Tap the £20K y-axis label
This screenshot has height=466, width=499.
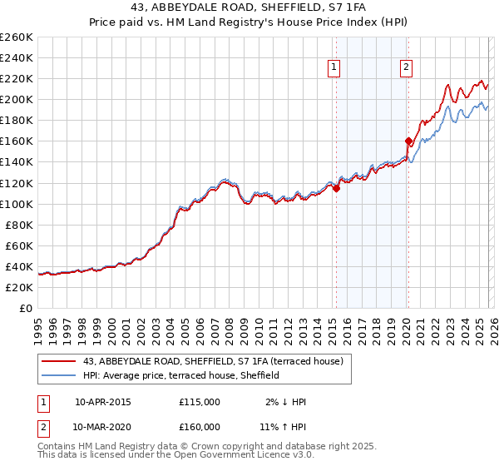tap(19, 287)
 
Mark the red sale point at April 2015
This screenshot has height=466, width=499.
tap(336, 188)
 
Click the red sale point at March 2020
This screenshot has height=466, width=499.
tap(408, 141)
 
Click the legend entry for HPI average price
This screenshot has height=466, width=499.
tap(182, 375)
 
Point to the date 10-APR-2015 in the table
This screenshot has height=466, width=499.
tap(102, 402)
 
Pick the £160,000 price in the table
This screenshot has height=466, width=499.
tap(200, 426)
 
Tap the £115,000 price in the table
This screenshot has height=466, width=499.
tap(200, 402)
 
